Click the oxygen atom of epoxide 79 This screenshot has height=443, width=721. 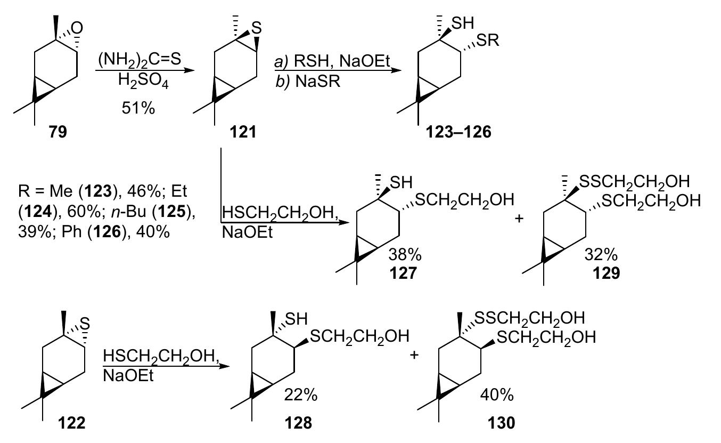78,26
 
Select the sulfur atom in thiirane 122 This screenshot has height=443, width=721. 84,323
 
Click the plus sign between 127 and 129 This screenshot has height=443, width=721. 519,218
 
